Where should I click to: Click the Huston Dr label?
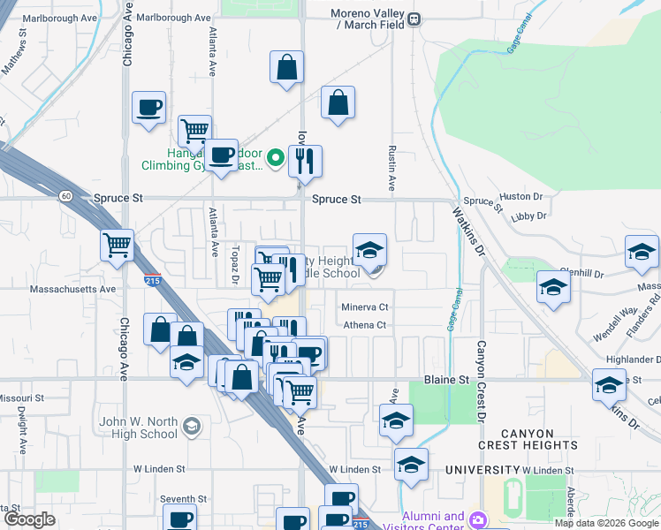click(520, 196)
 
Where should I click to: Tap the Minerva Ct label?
click(365, 307)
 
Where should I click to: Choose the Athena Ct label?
click(365, 325)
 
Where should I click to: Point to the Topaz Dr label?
click(236, 265)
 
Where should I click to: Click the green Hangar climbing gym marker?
click(275, 159)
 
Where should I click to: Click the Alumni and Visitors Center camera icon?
click(478, 519)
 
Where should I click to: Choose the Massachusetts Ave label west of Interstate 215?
click(72, 289)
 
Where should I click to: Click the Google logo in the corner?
click(30, 519)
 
